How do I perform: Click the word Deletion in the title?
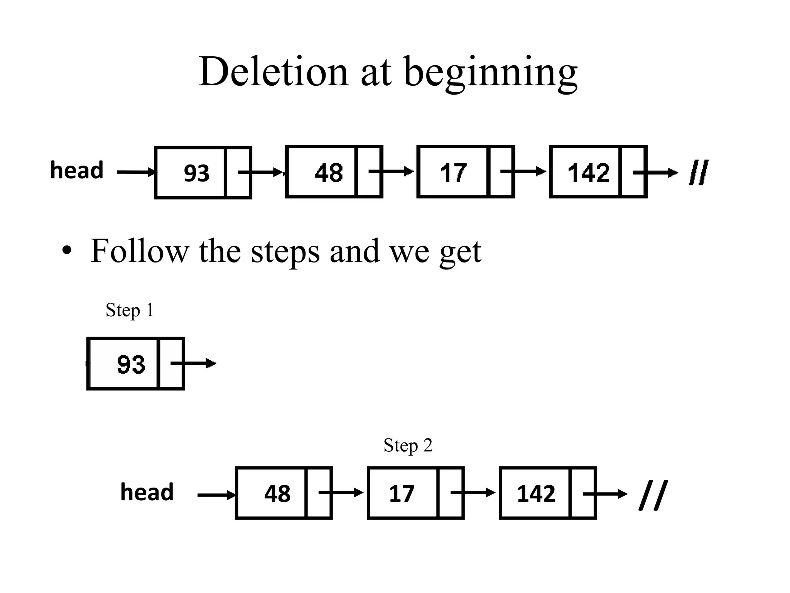point(273,72)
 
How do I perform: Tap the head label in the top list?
point(77,170)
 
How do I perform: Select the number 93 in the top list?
point(196,173)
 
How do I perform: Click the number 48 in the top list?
point(329,173)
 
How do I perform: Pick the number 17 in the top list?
point(453,173)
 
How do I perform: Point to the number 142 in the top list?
point(589,173)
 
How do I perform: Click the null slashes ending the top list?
point(699,173)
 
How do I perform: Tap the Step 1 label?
point(130,310)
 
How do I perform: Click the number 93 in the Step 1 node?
point(131,364)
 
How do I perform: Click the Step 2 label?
point(408,446)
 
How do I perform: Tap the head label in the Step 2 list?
point(147,492)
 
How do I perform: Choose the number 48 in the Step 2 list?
point(277,493)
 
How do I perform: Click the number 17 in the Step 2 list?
point(402,493)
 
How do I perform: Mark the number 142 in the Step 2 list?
point(536,493)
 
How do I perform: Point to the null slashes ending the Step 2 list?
point(653,495)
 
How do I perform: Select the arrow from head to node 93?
point(136,172)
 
